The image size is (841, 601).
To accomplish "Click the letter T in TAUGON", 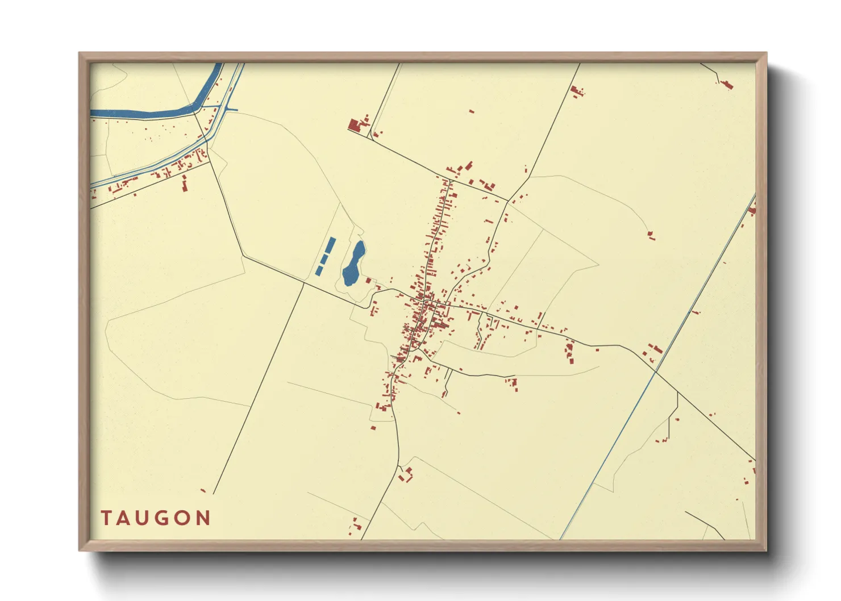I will click(x=107, y=518).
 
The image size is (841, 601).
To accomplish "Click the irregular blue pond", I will click(x=353, y=264).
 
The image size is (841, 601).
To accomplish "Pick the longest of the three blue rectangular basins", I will click(x=329, y=246).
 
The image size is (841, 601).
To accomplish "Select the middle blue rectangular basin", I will click(x=323, y=259).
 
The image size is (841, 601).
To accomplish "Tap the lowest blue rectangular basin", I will click(x=319, y=270).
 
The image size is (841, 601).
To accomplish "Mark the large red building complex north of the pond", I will click(x=355, y=126).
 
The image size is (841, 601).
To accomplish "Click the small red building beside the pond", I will click(x=368, y=280).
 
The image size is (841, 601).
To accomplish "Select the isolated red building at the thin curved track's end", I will click(x=651, y=234).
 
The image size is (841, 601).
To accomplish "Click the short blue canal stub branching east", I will click(x=232, y=110).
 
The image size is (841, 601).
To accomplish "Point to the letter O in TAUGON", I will click(x=184, y=518).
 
